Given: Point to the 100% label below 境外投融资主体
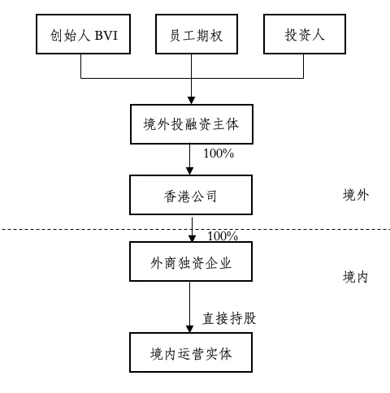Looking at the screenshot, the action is coord(219,153).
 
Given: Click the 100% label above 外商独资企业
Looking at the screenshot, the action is coord(223,236).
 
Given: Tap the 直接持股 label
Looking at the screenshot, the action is coord(229,318).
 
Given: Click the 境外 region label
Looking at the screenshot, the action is coord(356,195).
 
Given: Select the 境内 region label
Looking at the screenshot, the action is coord(355,277).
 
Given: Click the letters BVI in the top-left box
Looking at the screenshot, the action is coord(106,35).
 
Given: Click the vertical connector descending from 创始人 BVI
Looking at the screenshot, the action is coord(81,66).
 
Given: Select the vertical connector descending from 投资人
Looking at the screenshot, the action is coord(303,66).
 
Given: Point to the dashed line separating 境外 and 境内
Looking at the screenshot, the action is coord(195,230).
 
